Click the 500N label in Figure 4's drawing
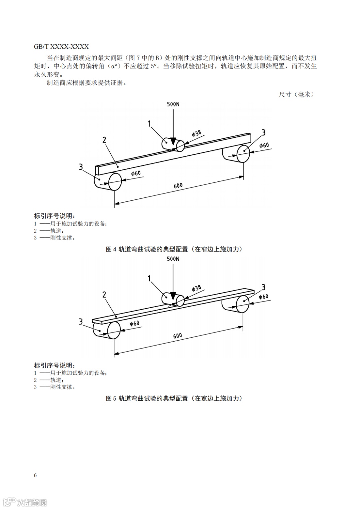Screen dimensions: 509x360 tap(173, 104)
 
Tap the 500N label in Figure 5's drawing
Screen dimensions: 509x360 tap(173, 259)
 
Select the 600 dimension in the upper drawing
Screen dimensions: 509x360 tap(178, 185)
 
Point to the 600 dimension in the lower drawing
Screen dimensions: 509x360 tap(178, 336)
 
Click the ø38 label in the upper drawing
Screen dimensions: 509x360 tap(197, 134)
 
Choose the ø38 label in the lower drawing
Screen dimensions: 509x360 tap(197, 288)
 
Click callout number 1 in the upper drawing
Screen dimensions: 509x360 tap(150, 124)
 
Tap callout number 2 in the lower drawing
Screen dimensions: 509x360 tap(104, 295)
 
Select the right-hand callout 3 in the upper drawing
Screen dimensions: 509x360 tap(263, 133)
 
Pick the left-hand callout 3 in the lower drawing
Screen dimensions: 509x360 tap(81, 322)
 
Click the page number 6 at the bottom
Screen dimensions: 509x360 tap(35, 475)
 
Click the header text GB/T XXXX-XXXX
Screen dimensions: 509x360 tap(61, 47)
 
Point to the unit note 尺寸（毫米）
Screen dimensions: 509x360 tap(296, 94)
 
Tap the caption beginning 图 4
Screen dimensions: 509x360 tap(174, 249)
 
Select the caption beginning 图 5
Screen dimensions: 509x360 tap(174, 398)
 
